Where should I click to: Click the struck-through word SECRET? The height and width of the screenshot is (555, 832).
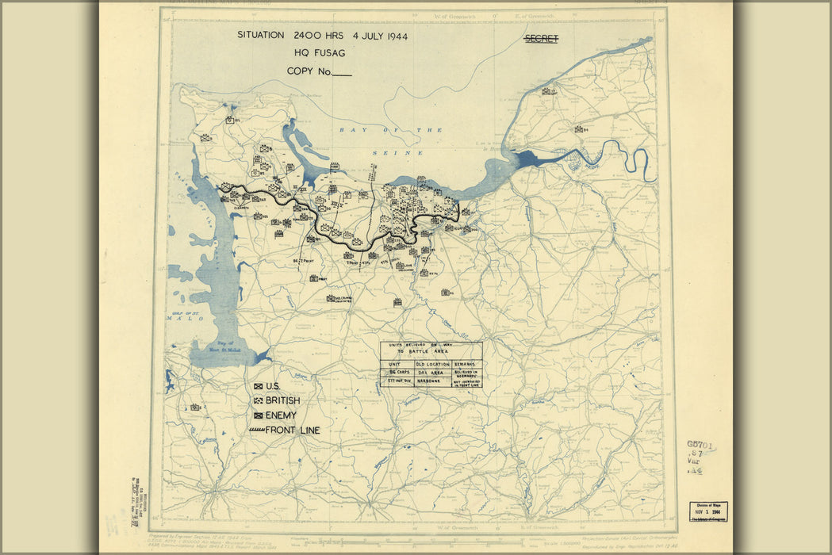tap(541, 38)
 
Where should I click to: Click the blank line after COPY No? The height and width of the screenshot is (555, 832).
tap(342, 72)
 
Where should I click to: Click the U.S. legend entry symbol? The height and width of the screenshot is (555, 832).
tap(258, 386)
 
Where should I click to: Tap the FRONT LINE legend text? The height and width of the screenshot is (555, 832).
tap(293, 430)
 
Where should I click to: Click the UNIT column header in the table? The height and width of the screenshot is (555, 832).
tap(395, 363)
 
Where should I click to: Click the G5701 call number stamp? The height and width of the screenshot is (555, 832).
tap(701, 446)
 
